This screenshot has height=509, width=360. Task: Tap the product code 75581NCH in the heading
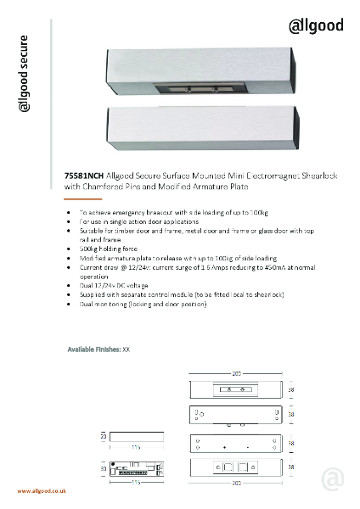pyautogui.click(x=83, y=176)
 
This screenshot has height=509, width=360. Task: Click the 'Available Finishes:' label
pyautogui.click(x=93, y=349)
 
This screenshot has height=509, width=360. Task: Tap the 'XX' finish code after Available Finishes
pyautogui.click(x=126, y=349)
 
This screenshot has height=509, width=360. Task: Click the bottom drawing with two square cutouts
pyautogui.click(x=235, y=467)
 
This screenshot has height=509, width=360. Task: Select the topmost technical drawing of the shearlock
pyautogui.click(x=235, y=390)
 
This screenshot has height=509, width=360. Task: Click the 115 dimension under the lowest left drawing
pyautogui.click(x=136, y=482)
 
